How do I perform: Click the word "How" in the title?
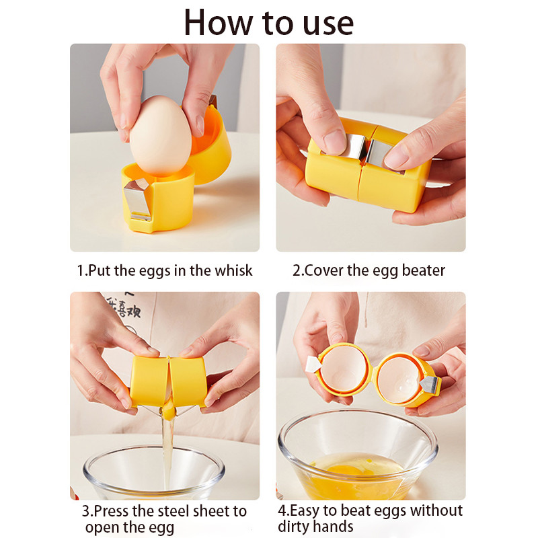coord(218,22)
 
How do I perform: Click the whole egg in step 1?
coord(160,136)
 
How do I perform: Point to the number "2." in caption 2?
coord(298,270)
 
